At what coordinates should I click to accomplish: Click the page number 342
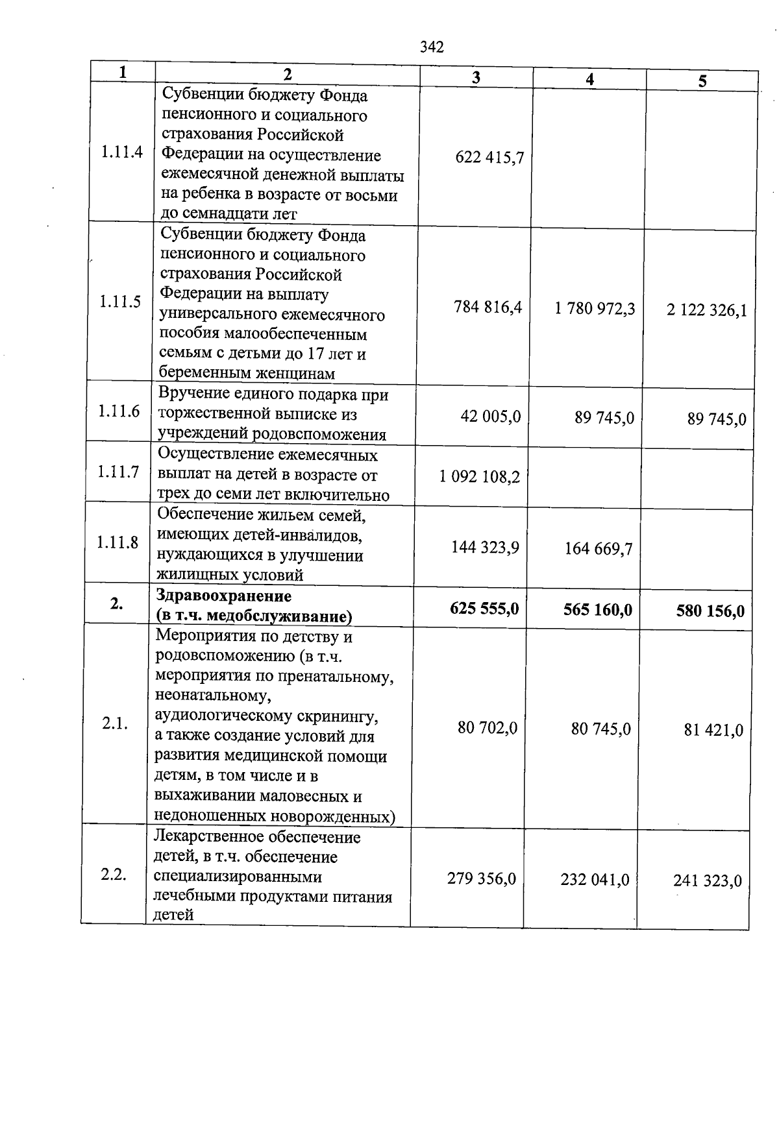(432, 47)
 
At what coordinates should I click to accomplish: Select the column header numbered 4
(589, 79)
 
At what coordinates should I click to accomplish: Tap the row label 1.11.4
(121, 153)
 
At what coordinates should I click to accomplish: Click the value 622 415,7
(489, 157)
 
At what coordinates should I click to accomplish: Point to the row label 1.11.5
(120, 302)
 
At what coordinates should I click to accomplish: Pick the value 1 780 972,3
(595, 308)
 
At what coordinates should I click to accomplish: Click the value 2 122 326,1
(707, 310)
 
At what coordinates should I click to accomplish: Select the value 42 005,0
(491, 417)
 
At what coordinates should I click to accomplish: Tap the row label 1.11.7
(118, 472)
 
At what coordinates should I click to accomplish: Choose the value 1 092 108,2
(480, 478)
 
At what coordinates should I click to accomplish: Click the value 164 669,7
(599, 550)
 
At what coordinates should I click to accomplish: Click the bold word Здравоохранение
(224, 596)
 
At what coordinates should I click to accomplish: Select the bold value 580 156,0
(710, 611)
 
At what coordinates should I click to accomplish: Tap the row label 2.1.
(115, 724)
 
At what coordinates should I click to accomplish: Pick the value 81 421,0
(713, 731)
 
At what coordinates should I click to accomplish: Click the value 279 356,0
(482, 879)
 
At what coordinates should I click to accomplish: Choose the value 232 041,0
(595, 880)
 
